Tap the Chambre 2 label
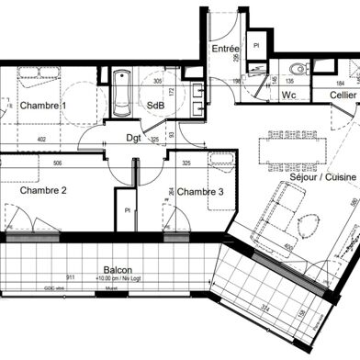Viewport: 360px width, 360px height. (x=38, y=191)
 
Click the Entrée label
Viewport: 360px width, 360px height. (x=225, y=48)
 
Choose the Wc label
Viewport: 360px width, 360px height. (x=288, y=95)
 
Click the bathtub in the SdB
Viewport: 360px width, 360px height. (x=121, y=95)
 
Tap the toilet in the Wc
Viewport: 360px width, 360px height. (x=297, y=70)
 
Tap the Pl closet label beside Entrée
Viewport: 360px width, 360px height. (x=256, y=44)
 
